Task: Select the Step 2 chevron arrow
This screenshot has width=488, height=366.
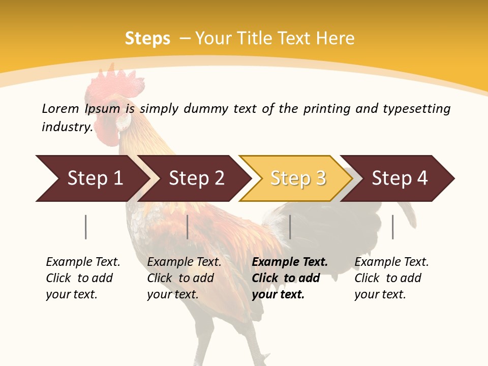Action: (195, 178)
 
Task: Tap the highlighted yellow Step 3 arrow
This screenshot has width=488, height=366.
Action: (297, 178)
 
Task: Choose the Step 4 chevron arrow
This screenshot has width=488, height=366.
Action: (399, 178)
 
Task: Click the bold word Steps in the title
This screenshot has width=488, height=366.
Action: (147, 39)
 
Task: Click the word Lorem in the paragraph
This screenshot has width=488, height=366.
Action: (60, 108)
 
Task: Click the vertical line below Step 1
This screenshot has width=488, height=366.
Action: (86, 227)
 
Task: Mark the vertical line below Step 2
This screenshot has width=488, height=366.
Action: (188, 227)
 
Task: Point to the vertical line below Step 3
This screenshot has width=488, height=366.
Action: (290, 227)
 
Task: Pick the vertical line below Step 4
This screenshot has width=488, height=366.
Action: (393, 227)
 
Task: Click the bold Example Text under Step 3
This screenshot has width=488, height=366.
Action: (290, 278)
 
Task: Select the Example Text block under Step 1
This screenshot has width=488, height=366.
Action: (83, 278)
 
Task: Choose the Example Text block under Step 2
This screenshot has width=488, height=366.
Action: (184, 278)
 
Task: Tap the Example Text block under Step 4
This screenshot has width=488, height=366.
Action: (391, 278)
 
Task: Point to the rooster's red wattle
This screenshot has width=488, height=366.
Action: (108, 130)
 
